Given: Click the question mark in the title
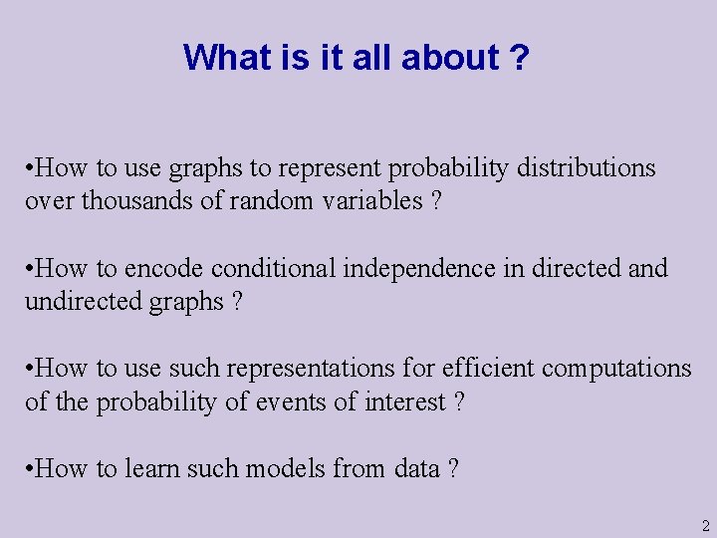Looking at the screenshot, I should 519,58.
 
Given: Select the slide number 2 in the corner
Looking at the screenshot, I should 704,525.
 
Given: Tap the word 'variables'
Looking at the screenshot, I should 372,201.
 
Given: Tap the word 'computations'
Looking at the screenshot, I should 616,369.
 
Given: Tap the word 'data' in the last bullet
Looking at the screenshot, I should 413,469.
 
